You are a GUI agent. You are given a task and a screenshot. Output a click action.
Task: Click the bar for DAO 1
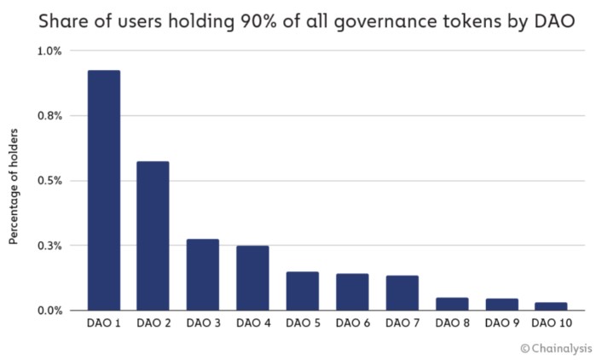[x=103, y=189]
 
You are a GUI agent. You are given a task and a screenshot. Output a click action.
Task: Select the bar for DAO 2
[x=153, y=235]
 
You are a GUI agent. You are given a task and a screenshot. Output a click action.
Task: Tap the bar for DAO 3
[x=203, y=275]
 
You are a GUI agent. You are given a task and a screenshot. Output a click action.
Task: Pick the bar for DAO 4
[x=252, y=278]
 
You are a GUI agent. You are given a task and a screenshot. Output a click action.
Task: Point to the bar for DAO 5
[x=302, y=291]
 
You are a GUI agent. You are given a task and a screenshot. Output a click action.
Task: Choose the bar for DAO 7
[x=402, y=293]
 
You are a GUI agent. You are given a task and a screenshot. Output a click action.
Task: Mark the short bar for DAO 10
[x=550, y=306]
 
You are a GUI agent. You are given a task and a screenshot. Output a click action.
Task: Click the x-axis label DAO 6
[x=352, y=324]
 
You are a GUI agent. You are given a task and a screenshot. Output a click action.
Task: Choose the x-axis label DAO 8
[x=451, y=324]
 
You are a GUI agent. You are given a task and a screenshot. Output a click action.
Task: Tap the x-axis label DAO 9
[x=501, y=324]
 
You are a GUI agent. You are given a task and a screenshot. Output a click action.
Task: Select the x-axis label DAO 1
[x=103, y=324]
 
